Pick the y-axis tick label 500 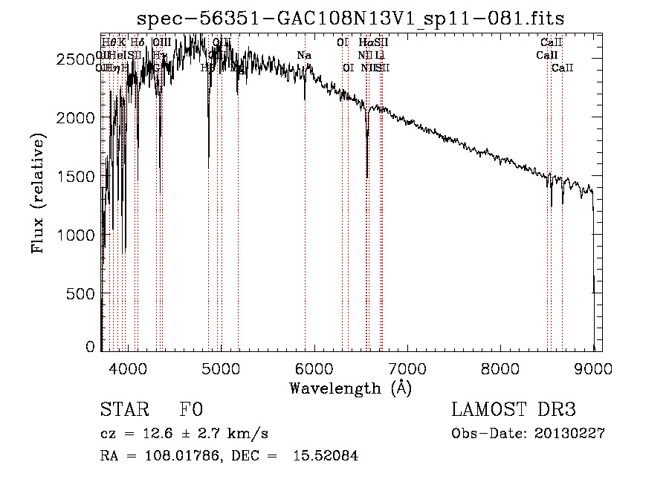point(83,293)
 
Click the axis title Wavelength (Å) point(350,388)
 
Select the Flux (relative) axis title point(39,192)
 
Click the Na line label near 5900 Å point(304,55)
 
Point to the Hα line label point(364,43)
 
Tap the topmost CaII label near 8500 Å point(552,43)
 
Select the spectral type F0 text point(191,410)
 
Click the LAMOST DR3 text point(514,410)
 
